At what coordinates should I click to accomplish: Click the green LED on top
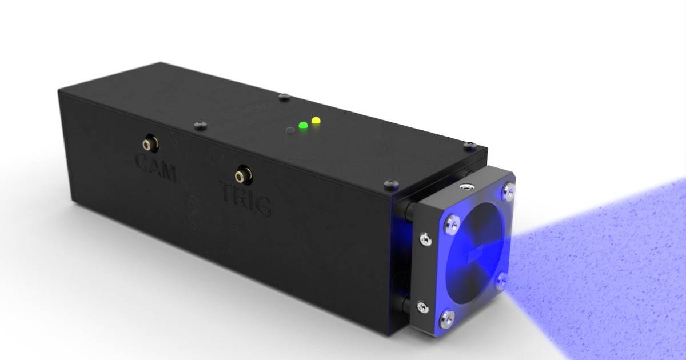pyautogui.click(x=303, y=126)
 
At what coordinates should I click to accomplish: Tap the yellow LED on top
pyautogui.click(x=315, y=121)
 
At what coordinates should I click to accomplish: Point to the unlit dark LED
pyautogui.click(x=291, y=130)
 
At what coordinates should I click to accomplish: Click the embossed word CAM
pyautogui.click(x=155, y=168)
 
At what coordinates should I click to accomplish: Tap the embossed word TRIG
pyautogui.click(x=245, y=201)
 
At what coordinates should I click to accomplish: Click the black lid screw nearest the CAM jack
pyautogui.click(x=200, y=123)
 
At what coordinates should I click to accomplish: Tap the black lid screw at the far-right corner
pyautogui.click(x=468, y=146)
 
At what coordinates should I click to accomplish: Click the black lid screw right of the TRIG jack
pyautogui.click(x=393, y=183)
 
